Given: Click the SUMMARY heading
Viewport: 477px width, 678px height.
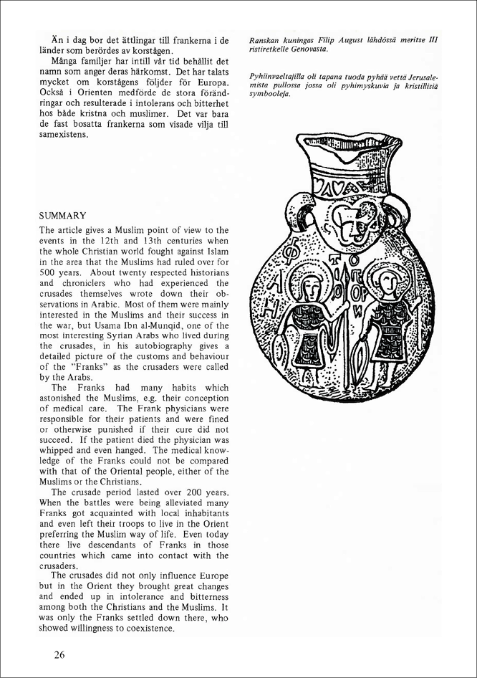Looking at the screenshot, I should tap(63, 215).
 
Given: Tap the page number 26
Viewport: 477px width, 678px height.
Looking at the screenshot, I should tap(60, 654).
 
